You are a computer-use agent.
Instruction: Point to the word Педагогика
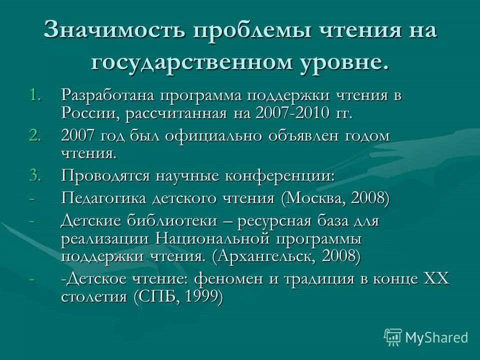tap(104, 197)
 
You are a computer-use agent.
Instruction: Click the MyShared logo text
tap(436, 337)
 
